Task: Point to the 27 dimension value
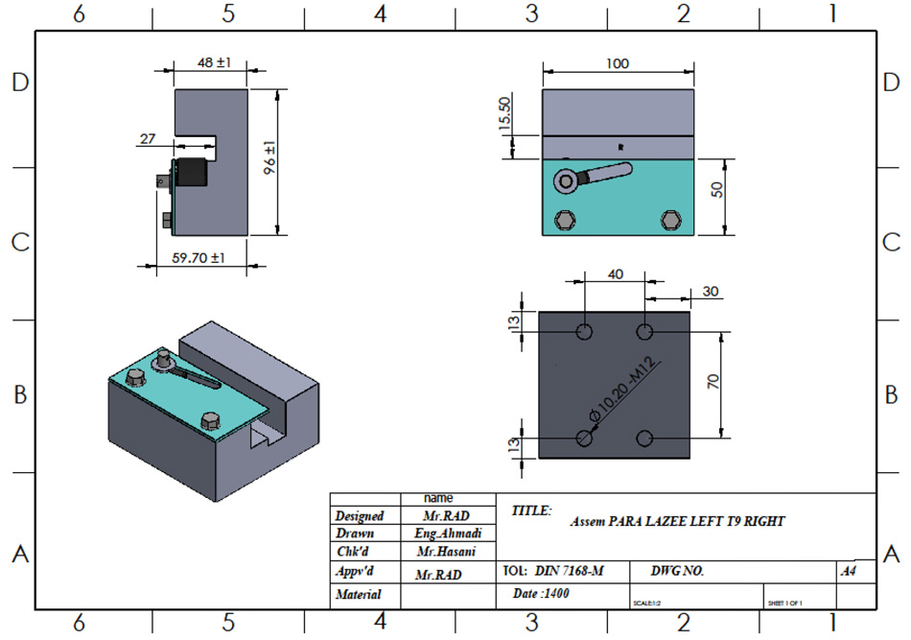(x=148, y=139)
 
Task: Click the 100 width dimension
(x=618, y=63)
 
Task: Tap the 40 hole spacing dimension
(x=616, y=273)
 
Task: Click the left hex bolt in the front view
(x=565, y=222)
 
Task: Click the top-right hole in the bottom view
(x=645, y=332)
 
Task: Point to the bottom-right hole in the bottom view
(x=645, y=439)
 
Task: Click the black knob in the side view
(x=191, y=173)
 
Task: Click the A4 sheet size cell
(x=848, y=571)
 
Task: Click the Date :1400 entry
(x=542, y=594)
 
